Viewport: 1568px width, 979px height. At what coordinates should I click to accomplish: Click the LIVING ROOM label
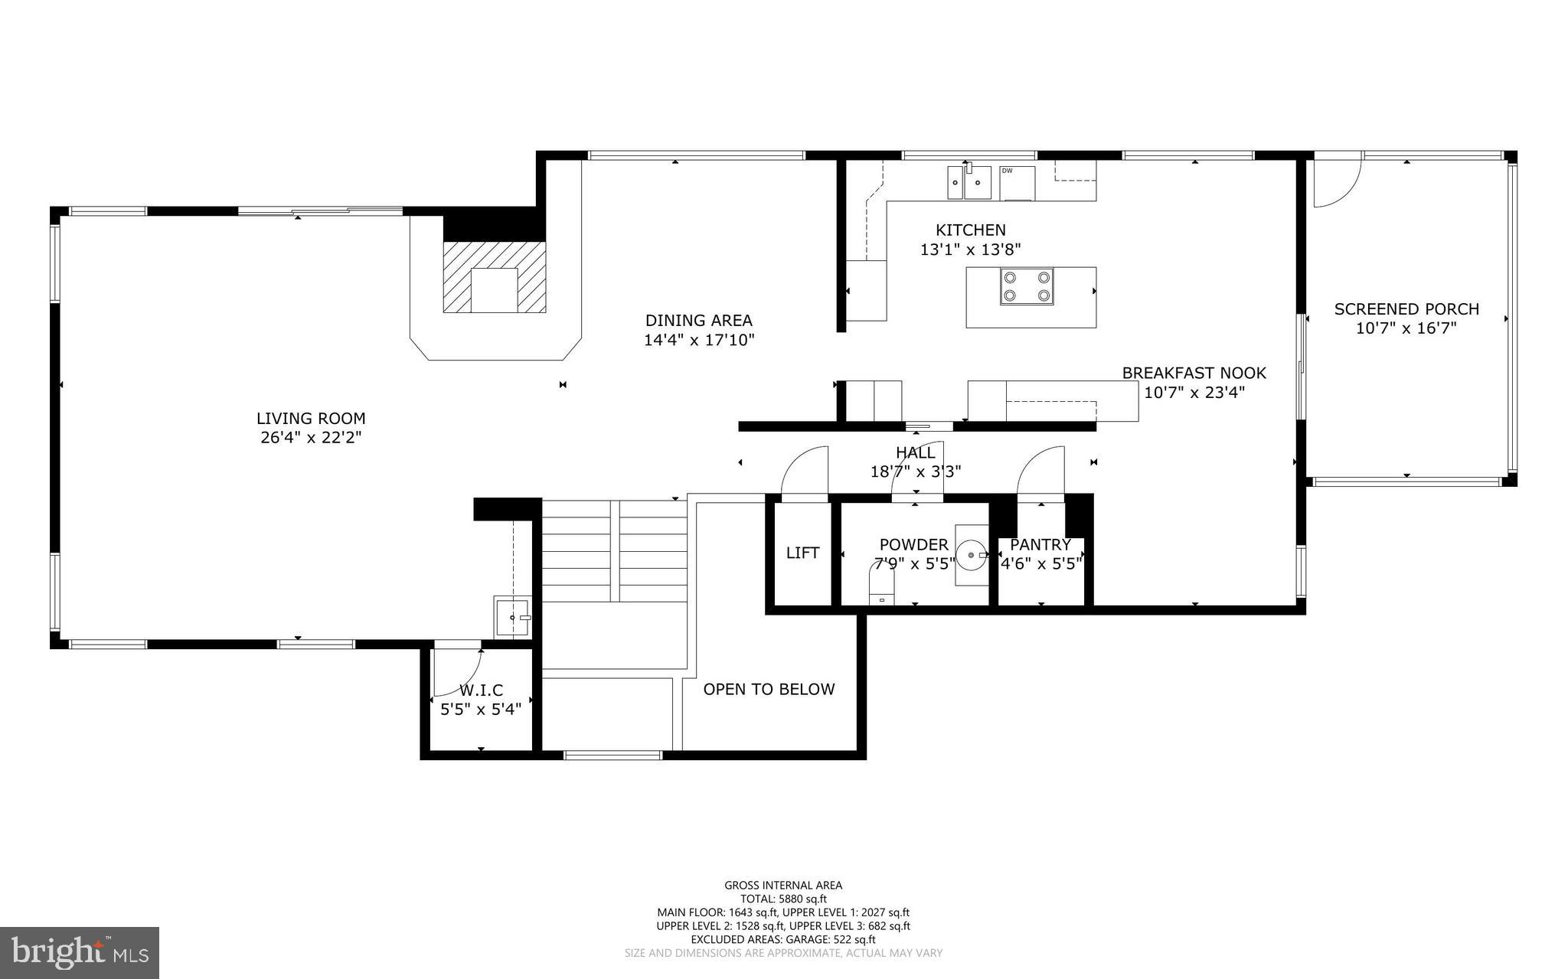(311, 419)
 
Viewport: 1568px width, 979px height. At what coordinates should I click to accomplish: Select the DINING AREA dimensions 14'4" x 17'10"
(699, 340)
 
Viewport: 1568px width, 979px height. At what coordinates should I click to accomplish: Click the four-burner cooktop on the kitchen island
(1026, 287)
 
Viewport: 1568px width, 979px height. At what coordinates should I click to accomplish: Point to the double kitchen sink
(966, 183)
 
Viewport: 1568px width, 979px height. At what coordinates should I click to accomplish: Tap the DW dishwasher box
(1017, 182)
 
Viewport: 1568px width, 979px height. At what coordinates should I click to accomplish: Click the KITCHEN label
(970, 230)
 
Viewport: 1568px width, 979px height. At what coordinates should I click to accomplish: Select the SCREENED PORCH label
(1406, 309)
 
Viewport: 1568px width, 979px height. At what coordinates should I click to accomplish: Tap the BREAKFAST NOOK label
(1194, 373)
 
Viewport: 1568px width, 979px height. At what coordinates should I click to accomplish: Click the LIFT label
(802, 553)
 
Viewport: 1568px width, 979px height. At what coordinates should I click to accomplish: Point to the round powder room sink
(972, 554)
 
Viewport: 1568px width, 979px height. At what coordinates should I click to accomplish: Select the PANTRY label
(1040, 545)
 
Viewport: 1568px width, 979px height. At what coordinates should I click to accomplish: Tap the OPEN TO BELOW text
(769, 689)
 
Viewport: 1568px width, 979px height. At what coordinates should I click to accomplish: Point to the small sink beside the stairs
(512, 616)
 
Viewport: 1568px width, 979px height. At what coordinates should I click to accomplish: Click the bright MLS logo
(80, 952)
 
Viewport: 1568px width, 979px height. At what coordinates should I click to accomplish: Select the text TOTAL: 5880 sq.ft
(783, 899)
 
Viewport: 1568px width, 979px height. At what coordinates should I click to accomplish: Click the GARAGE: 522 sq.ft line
(783, 939)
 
